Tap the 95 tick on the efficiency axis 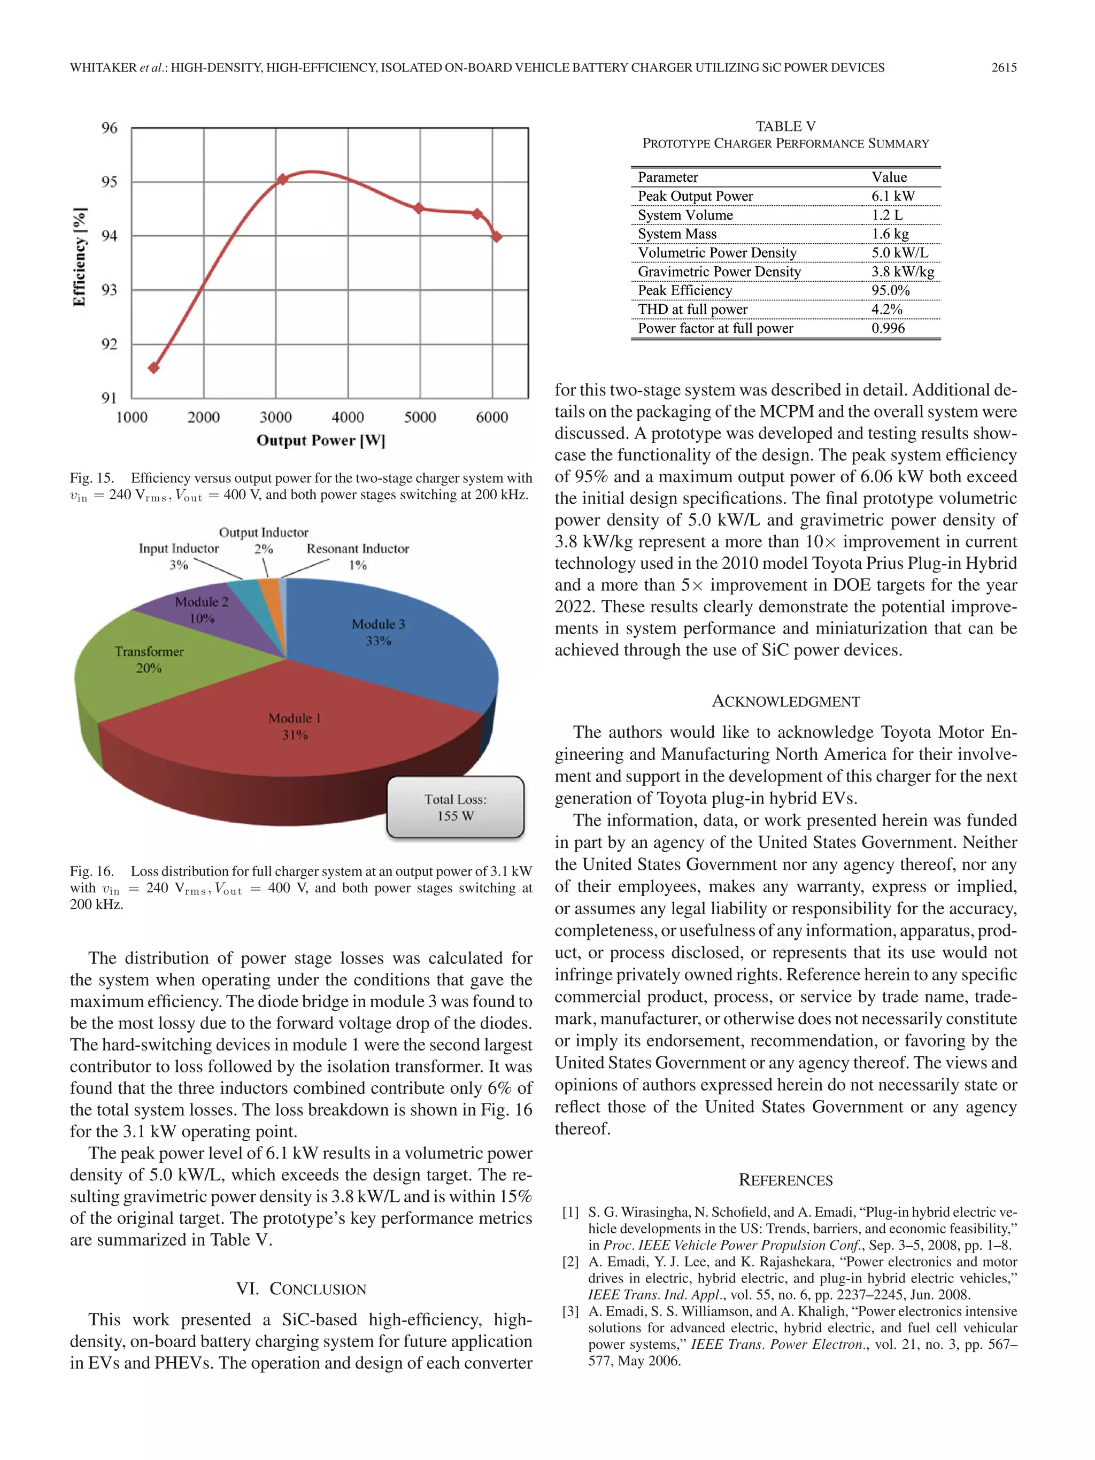coord(110,182)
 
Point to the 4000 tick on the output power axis coord(348,417)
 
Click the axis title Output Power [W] coord(321,440)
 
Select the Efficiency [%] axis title coord(79,258)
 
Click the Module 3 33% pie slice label coord(378,632)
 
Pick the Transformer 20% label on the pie coord(149,659)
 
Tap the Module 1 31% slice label coord(295,726)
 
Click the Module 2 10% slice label coord(202,610)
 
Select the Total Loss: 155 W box coord(456,807)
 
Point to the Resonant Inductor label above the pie coord(358,549)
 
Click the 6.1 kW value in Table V coord(892,196)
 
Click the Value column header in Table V coord(889,177)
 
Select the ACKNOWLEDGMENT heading coord(785,701)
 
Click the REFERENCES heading coord(785,1180)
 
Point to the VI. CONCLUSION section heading coord(301,1288)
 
